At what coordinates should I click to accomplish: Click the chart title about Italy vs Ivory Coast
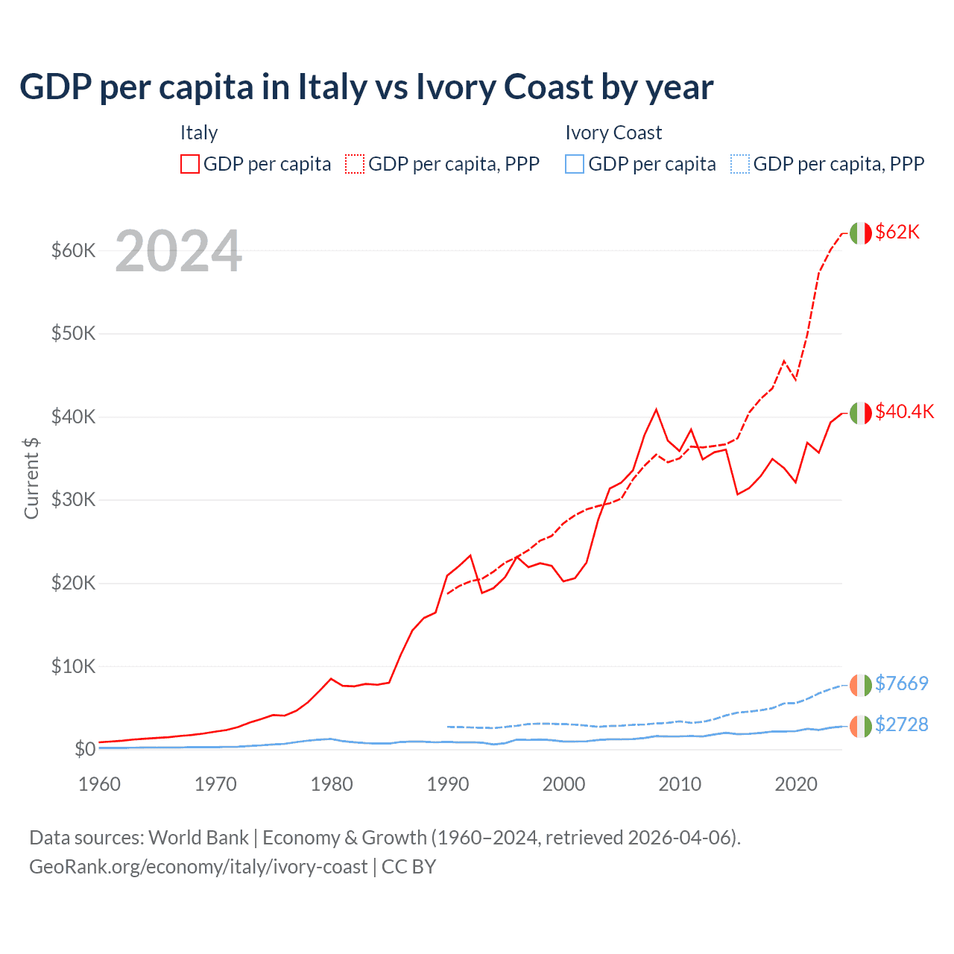[366, 87]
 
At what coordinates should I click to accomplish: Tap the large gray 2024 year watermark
[178, 252]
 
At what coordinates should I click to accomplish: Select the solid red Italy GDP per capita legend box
[190, 164]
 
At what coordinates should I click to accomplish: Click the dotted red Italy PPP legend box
[355, 164]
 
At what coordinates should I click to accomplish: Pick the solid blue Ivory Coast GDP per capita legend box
[575, 164]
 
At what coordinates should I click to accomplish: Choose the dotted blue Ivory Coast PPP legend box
[739, 164]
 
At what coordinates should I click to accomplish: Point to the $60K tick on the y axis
[73, 250]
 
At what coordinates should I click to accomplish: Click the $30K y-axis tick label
[73, 500]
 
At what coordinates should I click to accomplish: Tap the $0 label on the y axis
[84, 749]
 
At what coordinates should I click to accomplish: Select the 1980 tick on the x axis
[332, 784]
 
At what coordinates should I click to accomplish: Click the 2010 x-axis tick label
[680, 784]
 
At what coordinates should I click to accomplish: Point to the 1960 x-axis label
[99, 784]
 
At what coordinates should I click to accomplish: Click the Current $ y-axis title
[31, 478]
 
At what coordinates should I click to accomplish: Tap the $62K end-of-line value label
[897, 233]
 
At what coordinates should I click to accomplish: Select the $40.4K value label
[904, 412]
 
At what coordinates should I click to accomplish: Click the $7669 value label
[901, 683]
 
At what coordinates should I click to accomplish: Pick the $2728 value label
[901, 725]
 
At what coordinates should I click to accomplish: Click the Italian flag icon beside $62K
[861, 233]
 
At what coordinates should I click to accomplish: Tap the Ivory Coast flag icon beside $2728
[861, 726]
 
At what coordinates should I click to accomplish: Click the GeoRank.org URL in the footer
[198, 867]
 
